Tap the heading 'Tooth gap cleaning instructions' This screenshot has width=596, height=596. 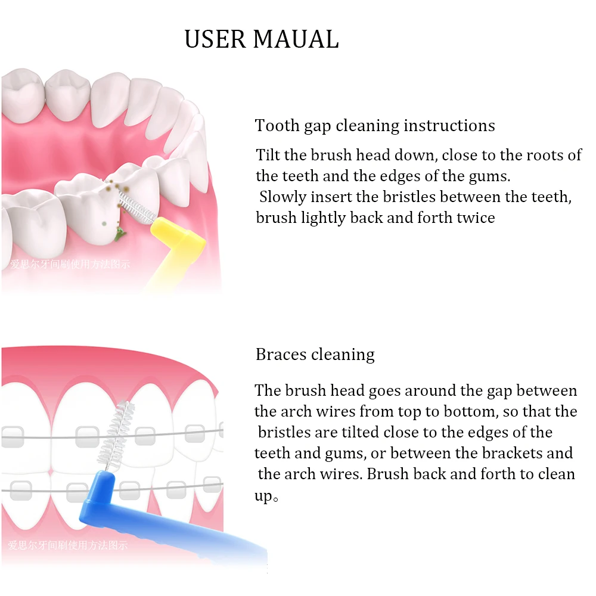pos(375,126)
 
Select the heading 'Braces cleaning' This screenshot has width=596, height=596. pos(315,355)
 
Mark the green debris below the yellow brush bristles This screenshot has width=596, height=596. pos(120,237)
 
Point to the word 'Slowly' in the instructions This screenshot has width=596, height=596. pos(283,197)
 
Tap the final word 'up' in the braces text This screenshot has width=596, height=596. pos(263,495)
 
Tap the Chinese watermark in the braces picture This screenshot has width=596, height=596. pos(67,545)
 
